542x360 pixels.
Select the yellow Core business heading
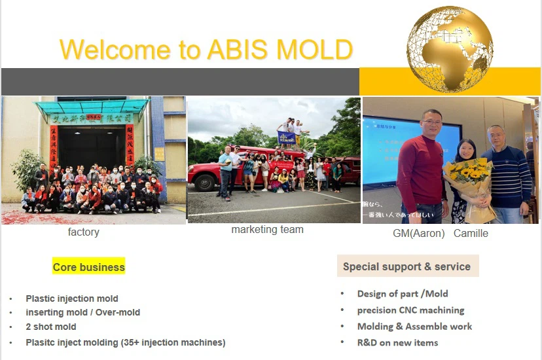pos(88,267)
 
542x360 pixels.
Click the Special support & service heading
pos(406,266)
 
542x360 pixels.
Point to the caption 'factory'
pos(83,232)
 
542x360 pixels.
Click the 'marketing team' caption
pos(267,230)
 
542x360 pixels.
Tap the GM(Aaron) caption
pos(419,233)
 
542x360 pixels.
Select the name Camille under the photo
pos(471,233)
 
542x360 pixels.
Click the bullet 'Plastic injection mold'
pos(72,298)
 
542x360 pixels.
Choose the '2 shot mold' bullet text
pos(51,327)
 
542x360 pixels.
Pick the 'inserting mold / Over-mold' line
pos(82,312)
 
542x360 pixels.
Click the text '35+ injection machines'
pos(171,342)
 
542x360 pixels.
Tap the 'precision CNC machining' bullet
pos(410,310)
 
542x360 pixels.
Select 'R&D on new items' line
pos(397,342)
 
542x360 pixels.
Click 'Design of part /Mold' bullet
pos(403,294)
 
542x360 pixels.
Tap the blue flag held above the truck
pos(286,137)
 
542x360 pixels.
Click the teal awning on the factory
pos(92,107)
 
